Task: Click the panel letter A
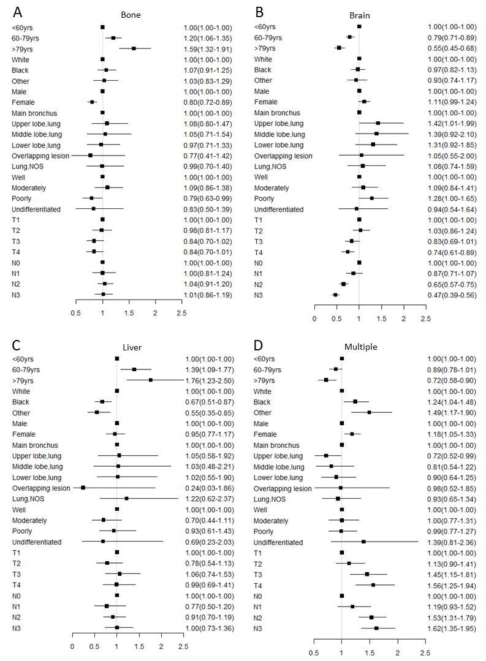pos(17,12)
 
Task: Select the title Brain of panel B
pos(359,15)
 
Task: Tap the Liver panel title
pos(132,347)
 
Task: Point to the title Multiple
pos(361,347)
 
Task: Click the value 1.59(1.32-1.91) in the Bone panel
pos(208,49)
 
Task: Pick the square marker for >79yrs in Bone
pos(134,48)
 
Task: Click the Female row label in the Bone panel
pos(23,102)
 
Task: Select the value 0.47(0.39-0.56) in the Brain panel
pos(452,295)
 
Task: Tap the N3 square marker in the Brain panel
pos(335,295)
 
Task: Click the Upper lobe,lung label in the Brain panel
pos(278,124)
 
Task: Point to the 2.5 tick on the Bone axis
pos(181,313)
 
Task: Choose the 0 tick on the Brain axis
pos(314,319)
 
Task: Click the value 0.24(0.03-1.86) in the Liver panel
pos(210,488)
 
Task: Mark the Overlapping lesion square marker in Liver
pos(83,488)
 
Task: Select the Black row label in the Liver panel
pos(21,402)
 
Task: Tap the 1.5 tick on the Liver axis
pos(139,646)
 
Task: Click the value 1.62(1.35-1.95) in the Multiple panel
pos(452,629)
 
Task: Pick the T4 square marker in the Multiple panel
pos(373,585)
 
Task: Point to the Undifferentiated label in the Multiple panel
pos(278,542)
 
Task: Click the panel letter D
pos(258,345)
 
